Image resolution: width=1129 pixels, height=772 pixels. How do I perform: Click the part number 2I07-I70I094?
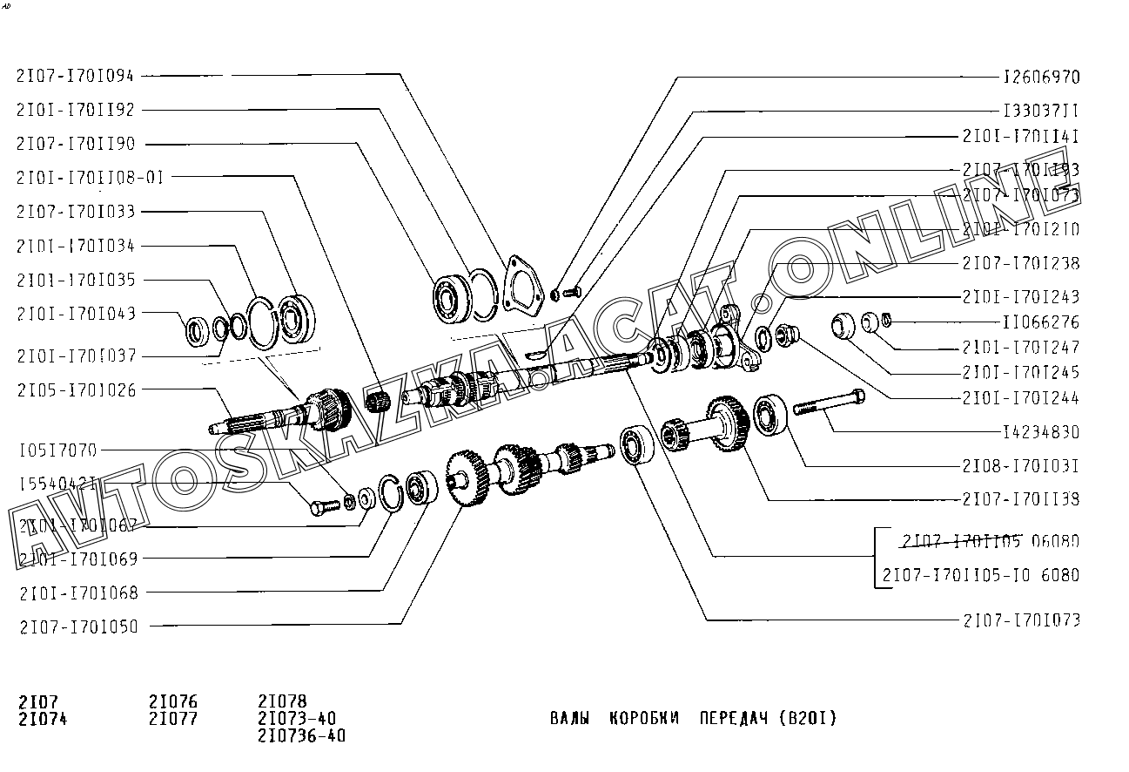pos(75,76)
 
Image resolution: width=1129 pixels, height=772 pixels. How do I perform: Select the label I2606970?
pos(1041,78)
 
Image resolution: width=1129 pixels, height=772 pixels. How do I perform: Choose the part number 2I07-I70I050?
pos(77,626)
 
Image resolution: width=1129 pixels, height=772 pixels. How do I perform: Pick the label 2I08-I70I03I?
pos(1021,466)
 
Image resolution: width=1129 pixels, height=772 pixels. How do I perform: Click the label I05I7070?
pos(57,450)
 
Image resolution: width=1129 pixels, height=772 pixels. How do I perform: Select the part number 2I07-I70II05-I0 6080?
pos(980,575)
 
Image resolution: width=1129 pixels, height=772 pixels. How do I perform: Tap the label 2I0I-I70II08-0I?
pos(90,178)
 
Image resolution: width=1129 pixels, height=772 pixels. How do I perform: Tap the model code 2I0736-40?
pos(301,736)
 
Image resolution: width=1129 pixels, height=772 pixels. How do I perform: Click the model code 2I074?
pos(42,719)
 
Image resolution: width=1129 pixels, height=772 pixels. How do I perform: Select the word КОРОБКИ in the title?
pos(645,719)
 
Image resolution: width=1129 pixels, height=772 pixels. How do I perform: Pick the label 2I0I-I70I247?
pos(1021,347)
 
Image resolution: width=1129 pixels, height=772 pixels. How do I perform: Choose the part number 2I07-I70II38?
pos(1021,499)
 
